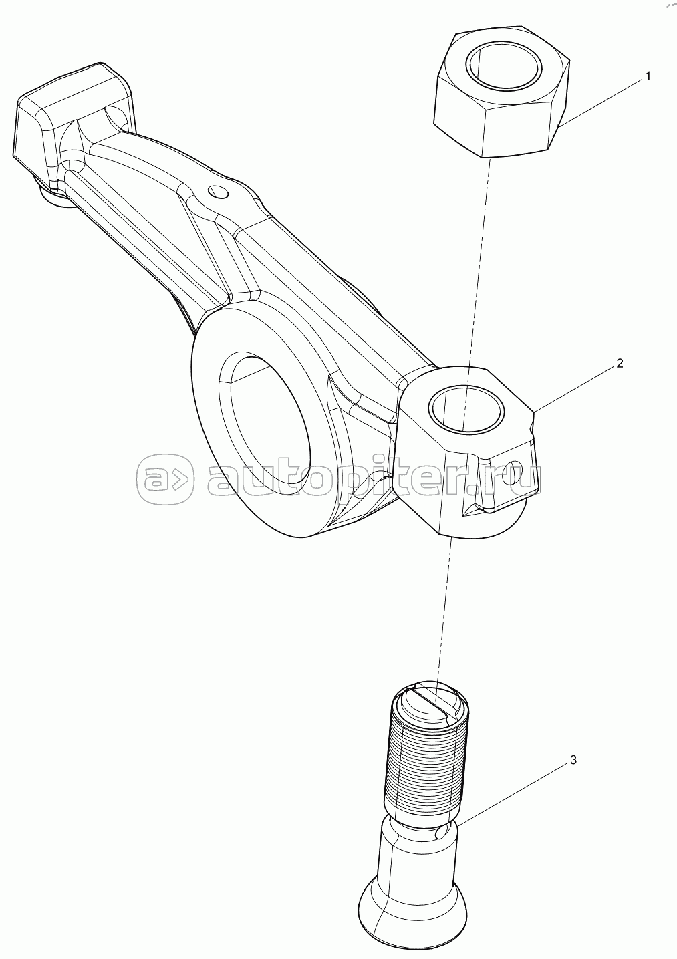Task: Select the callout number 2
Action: [x=620, y=364]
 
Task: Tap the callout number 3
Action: [x=573, y=761]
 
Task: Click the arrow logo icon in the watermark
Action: [x=166, y=478]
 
